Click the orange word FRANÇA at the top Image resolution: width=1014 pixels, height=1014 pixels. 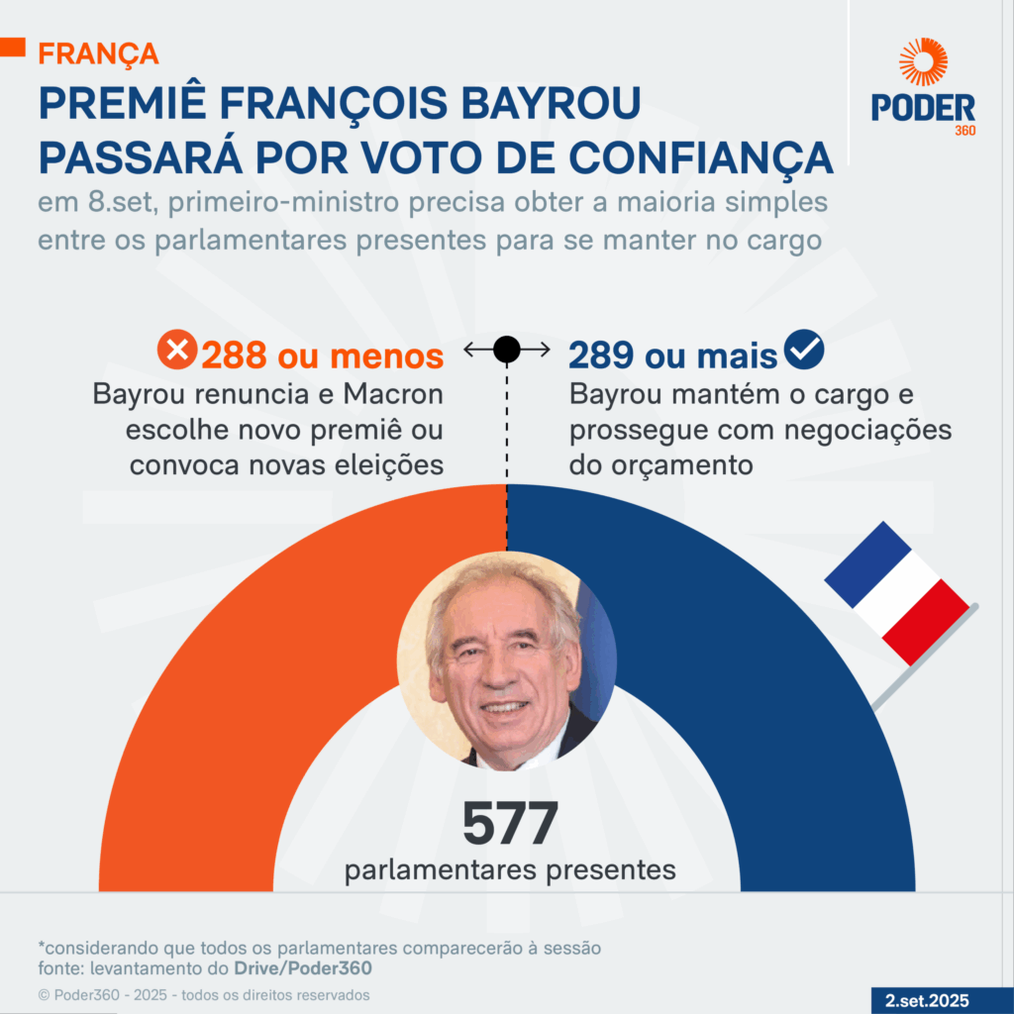[x=98, y=52]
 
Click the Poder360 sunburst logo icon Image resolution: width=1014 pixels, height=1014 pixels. [x=923, y=61]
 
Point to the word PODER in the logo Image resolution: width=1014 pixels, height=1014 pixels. [x=923, y=108]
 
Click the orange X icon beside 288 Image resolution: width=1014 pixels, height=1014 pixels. [x=178, y=351]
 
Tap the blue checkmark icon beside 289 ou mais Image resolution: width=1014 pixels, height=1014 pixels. [x=804, y=351]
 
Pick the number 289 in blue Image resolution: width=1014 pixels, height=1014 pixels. [x=603, y=355]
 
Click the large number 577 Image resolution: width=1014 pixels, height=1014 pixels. [x=510, y=824]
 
